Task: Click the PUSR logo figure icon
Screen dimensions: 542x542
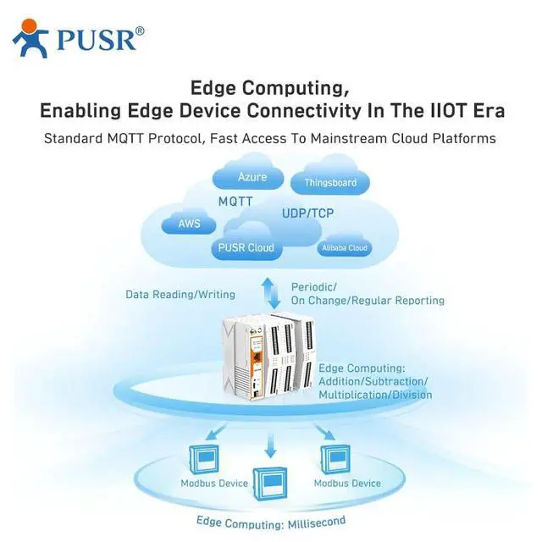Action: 31,39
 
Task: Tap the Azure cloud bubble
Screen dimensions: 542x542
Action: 252,177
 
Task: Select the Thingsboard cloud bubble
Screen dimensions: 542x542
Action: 329,182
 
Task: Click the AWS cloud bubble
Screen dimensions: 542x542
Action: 190,224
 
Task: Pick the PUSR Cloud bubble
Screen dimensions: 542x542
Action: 245,247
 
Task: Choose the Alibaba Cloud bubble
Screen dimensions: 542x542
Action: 344,248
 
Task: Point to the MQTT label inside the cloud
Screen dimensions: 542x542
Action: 235,202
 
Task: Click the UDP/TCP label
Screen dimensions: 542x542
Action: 308,214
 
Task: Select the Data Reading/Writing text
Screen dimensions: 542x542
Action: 180,295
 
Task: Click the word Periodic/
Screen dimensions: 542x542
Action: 314,286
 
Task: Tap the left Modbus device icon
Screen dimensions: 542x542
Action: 205,457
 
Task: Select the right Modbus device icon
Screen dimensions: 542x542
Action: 337,457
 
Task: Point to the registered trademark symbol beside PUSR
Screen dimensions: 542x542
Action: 140,30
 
